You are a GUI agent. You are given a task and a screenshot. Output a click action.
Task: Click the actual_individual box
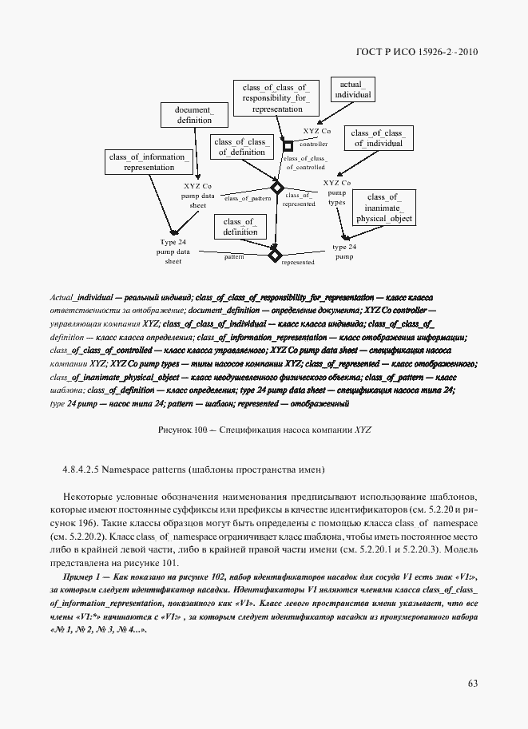click(352, 89)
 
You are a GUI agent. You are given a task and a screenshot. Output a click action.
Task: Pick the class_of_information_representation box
click(149, 161)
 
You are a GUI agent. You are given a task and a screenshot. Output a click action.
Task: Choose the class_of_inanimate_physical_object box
click(384, 207)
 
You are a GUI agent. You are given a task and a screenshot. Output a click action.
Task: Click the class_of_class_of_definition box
click(240, 147)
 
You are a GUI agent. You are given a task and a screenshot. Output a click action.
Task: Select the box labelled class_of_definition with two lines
click(240, 226)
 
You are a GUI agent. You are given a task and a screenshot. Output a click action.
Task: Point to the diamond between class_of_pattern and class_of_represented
click(277, 188)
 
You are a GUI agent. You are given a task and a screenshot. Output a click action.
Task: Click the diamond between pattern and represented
click(275, 256)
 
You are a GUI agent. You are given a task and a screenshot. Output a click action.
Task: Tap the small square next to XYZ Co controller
click(288, 145)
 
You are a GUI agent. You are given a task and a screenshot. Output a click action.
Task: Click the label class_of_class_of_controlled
click(304, 163)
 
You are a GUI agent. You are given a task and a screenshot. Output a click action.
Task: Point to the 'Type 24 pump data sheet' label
click(173, 251)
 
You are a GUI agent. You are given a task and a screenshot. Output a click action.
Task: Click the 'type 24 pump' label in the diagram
click(344, 252)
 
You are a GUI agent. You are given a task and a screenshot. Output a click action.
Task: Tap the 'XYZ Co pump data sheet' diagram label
click(197, 196)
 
